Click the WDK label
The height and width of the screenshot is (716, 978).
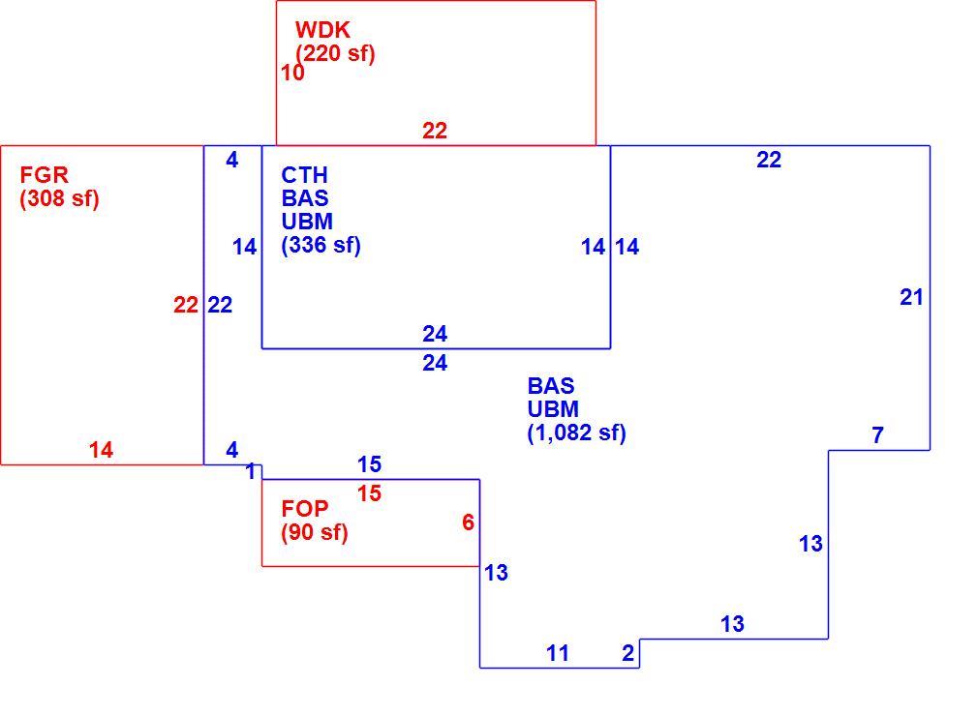pos(322,30)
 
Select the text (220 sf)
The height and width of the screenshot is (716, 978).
pos(335,53)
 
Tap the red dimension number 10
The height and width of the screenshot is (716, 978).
pos(292,73)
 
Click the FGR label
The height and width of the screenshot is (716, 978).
pos(44,174)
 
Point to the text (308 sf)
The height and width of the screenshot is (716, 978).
pos(59,198)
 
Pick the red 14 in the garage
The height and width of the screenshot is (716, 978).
pos(101,450)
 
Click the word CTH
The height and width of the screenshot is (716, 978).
pos(304,175)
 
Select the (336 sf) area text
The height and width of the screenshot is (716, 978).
pos(321,245)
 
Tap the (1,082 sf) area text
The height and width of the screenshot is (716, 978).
pos(577,433)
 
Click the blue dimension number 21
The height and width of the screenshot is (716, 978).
pos(911,298)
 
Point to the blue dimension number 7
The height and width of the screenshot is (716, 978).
pos(877,435)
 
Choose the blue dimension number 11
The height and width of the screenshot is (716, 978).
pos(558,654)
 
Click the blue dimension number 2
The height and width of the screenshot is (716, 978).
pos(628,653)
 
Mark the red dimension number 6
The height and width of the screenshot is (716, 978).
pos(468,522)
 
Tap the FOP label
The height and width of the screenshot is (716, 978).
pos(304,509)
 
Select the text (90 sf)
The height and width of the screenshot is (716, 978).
pos(315,533)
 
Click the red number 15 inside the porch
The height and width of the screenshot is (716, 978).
pos(369,493)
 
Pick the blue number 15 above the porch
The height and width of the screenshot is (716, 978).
pos(369,464)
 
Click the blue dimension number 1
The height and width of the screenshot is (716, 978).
pos(251,472)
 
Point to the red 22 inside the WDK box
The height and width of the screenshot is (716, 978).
pos(435,131)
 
